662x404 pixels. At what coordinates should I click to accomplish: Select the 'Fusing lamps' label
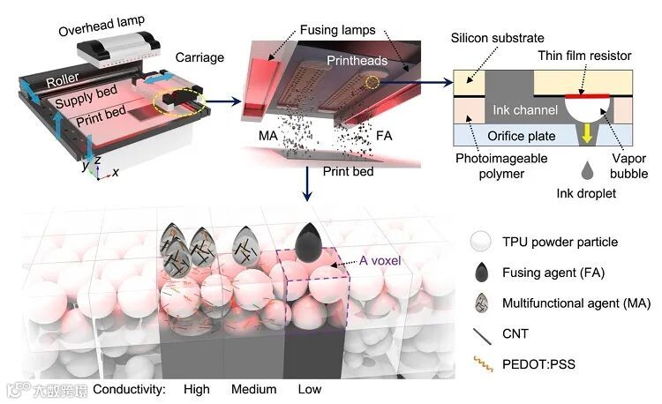click(x=335, y=27)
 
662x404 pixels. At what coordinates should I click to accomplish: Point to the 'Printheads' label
click(x=350, y=64)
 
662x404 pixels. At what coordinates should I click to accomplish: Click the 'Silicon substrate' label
click(x=496, y=39)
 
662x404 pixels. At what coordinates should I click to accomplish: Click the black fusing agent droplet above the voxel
click(x=309, y=237)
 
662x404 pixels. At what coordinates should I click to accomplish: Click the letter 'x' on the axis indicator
click(x=116, y=172)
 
